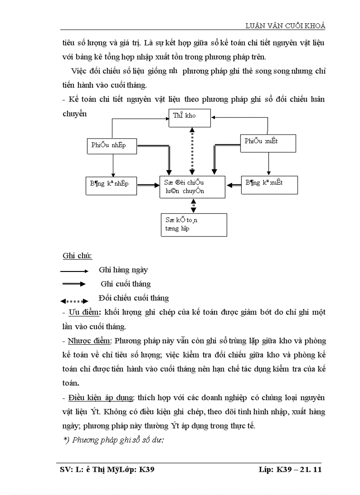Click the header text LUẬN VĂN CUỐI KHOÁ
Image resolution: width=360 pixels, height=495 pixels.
click(x=285, y=26)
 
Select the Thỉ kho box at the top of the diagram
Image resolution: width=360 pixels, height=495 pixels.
click(x=190, y=116)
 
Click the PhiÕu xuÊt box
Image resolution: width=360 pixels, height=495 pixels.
click(x=267, y=142)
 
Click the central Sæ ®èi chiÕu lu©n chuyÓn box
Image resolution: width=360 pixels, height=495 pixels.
click(x=192, y=187)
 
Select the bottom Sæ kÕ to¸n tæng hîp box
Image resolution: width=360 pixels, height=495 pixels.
click(x=194, y=225)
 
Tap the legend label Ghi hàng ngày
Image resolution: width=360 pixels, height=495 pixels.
click(x=123, y=270)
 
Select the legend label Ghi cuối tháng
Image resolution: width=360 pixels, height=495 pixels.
click(x=125, y=284)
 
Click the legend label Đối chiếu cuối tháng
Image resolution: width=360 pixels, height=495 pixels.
click(x=134, y=298)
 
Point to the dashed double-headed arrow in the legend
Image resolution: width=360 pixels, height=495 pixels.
click(x=74, y=301)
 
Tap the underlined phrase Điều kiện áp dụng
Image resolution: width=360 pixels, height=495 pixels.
click(x=101, y=397)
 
